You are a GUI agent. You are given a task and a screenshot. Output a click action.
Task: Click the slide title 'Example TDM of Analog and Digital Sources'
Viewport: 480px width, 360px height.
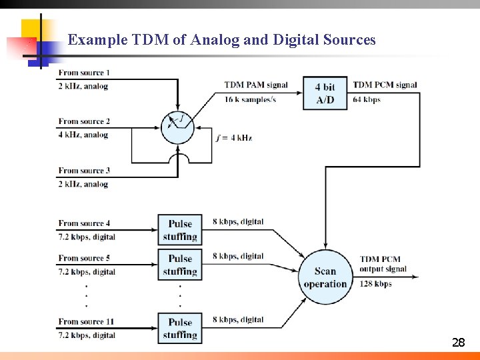pos(221,40)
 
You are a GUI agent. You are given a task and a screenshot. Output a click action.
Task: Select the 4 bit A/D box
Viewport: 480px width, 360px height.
pos(325,93)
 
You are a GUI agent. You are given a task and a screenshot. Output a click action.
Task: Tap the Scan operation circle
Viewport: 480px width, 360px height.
pos(325,277)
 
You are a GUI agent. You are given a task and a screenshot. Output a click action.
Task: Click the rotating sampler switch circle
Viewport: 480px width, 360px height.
pos(177,127)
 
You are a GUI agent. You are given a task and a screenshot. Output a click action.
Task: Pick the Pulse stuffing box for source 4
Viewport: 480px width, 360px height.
pos(180,230)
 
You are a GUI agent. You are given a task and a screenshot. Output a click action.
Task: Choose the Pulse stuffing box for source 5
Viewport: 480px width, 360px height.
pos(180,265)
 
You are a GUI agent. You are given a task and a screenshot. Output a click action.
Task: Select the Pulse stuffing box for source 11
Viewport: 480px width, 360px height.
pos(180,328)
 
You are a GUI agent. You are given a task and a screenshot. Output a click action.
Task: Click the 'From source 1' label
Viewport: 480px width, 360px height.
pos(84,72)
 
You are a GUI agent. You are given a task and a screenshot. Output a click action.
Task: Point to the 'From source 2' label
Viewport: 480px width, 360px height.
pos(84,121)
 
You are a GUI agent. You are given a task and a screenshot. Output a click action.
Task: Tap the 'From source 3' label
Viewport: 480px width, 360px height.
pos(84,170)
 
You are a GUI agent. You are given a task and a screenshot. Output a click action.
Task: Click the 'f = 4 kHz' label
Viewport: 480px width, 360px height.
pos(234,138)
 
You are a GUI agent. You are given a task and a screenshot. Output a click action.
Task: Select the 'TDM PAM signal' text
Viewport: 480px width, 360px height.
pos(255,85)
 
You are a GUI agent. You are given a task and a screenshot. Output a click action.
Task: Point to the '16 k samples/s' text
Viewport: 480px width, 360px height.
pos(250,99)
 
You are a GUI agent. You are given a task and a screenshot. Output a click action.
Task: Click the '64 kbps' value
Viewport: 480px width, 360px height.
pos(366,99)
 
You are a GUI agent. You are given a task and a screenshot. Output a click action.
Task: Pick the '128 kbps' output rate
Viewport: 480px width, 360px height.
pos(375,284)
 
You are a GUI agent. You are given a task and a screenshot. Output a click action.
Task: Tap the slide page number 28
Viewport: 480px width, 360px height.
pos(458,343)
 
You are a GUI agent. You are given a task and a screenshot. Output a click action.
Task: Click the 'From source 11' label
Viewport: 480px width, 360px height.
pos(86,321)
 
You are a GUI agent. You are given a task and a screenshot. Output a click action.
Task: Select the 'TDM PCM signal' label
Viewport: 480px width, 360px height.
pos(385,85)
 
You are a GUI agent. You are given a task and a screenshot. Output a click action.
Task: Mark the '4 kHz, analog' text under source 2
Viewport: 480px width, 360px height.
pos(83,135)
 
